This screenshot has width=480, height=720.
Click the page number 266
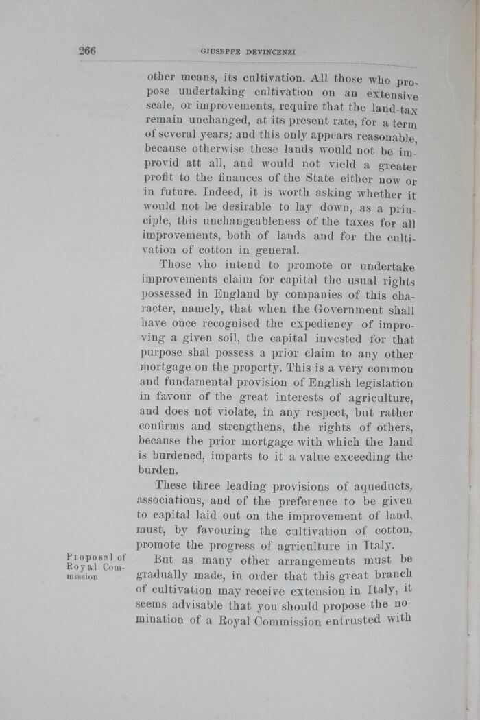tap(87, 50)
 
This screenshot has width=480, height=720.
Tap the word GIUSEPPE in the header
tap(219, 51)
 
